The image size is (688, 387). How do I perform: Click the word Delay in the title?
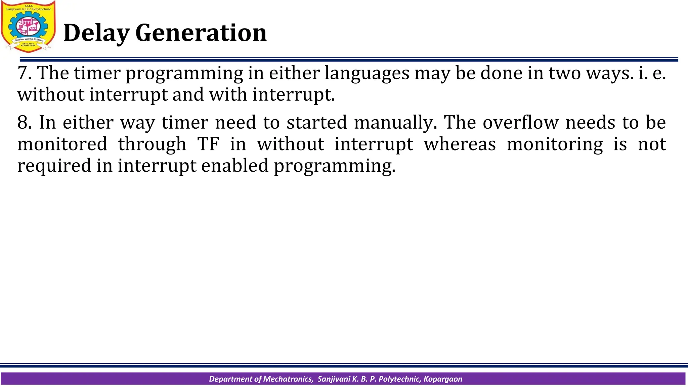coord(96,33)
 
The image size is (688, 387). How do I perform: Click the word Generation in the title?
coord(201,33)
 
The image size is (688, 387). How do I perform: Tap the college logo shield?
coord(28,27)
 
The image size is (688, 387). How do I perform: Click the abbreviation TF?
coord(208,144)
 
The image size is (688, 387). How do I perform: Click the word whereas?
coord(460,144)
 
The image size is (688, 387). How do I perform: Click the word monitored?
coord(62,144)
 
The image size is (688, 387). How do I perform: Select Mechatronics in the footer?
coord(288,379)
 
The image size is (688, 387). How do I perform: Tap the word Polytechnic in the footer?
coord(399,379)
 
